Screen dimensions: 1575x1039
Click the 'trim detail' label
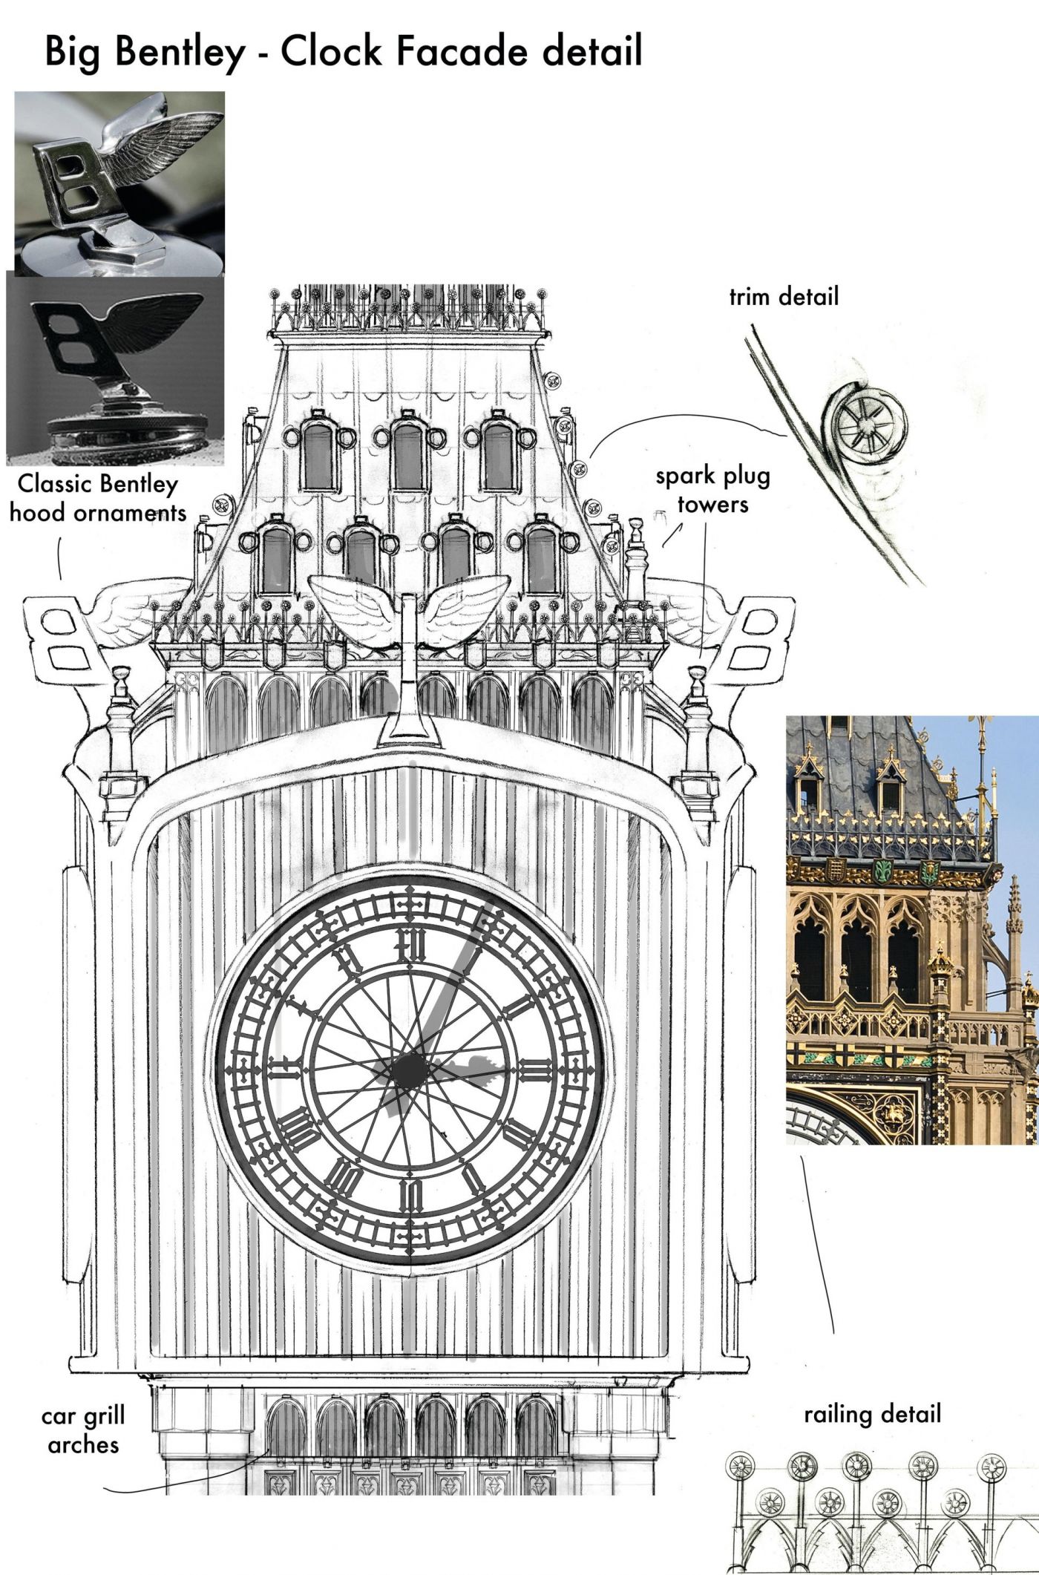coord(783,297)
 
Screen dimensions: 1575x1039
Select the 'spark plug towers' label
coord(712,490)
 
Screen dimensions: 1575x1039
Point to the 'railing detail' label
coord(872,1414)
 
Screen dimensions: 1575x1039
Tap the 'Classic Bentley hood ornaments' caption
coord(98,498)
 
